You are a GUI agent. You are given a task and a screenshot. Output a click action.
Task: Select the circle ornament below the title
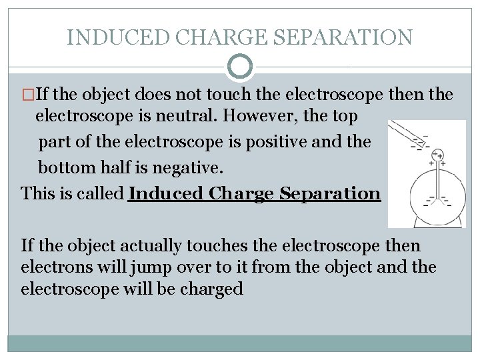click(x=240, y=67)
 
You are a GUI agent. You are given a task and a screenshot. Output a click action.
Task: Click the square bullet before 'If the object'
click(x=26, y=95)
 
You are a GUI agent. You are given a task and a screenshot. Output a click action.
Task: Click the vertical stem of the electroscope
click(x=436, y=180)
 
